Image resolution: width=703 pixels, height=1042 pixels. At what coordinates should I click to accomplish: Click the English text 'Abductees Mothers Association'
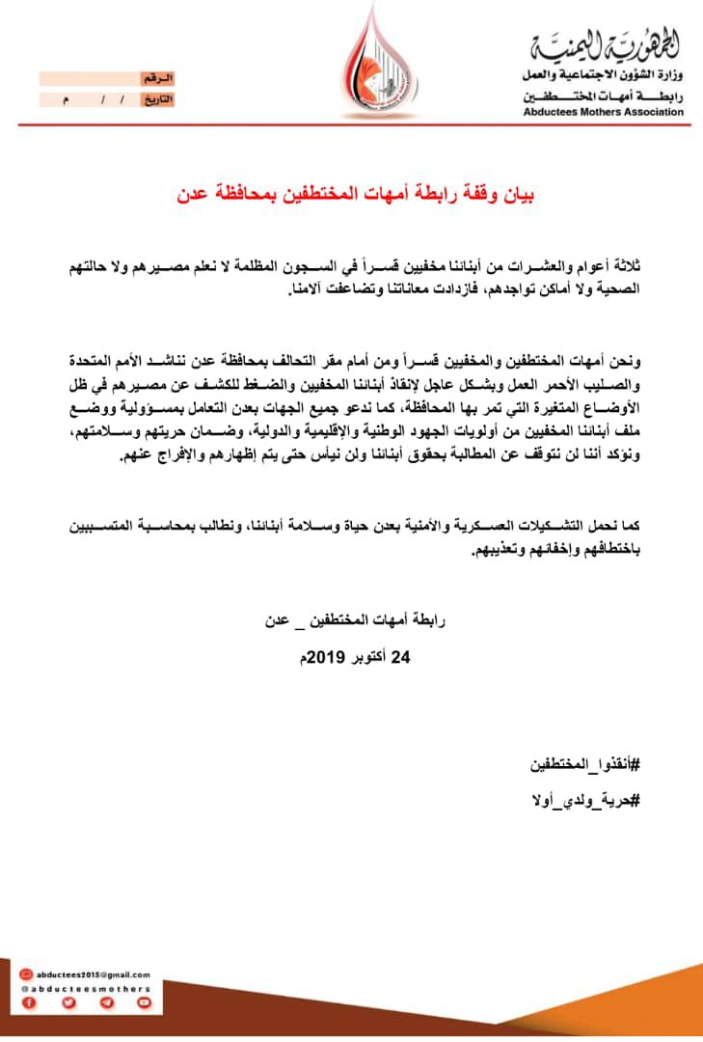pyautogui.click(x=604, y=112)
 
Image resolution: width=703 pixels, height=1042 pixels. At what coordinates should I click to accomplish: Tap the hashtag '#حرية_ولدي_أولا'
pyautogui.click(x=589, y=802)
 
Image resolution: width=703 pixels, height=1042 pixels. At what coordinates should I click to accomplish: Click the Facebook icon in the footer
pyautogui.click(x=29, y=1003)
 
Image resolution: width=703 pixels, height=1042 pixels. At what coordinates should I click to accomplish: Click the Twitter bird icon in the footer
pyautogui.click(x=68, y=1003)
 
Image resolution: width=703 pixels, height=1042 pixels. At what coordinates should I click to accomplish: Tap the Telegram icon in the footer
pyautogui.click(x=106, y=1003)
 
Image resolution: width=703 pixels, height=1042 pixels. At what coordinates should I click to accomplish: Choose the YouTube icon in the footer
pyautogui.click(x=145, y=1003)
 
